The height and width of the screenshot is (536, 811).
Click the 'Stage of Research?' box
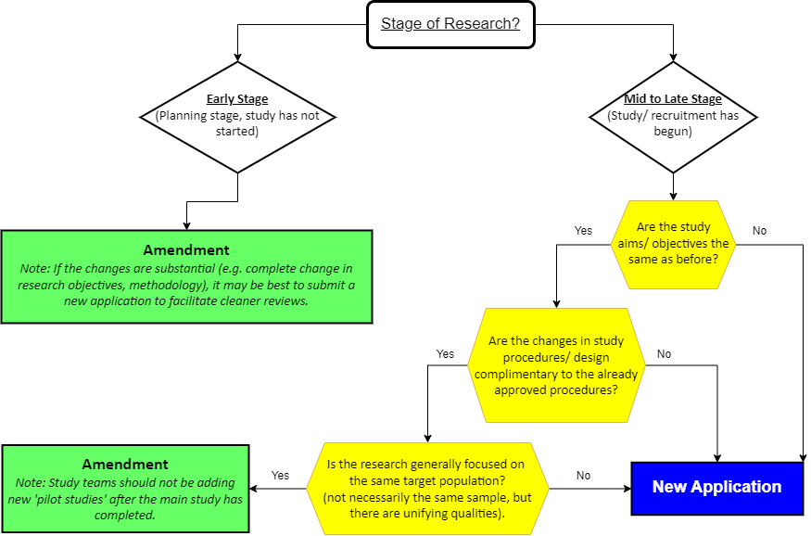[450, 24]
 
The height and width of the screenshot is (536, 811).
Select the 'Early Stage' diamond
[237, 117]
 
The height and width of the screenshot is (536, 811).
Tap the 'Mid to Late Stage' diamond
[673, 117]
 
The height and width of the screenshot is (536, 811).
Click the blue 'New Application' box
[716, 487]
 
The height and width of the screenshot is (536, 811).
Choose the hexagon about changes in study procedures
[556, 365]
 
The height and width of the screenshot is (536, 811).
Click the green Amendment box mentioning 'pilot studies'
[125, 488]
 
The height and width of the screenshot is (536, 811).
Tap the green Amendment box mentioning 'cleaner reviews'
[186, 276]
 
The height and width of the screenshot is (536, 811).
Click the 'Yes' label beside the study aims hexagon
[583, 230]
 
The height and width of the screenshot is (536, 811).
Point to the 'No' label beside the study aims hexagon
[760, 230]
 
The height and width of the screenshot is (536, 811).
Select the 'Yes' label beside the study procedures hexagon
[445, 353]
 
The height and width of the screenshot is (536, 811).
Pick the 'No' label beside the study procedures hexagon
[665, 353]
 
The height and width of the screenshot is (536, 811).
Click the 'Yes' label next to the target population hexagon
[280, 475]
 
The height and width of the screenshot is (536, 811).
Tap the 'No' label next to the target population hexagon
[583, 475]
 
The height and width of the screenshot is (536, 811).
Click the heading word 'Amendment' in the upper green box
[186, 250]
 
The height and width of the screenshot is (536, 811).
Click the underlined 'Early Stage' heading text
[237, 99]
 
